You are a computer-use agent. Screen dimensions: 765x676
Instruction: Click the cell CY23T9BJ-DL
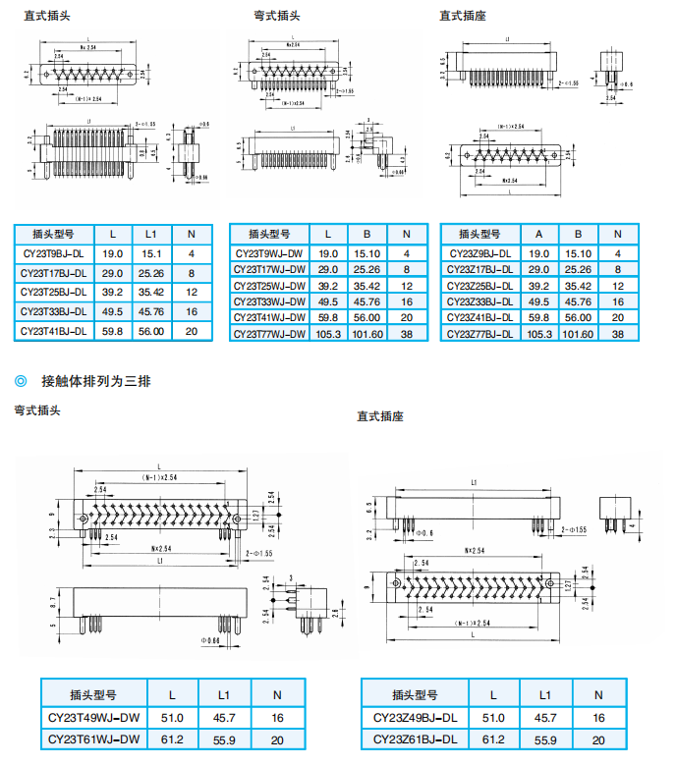[x=54, y=253]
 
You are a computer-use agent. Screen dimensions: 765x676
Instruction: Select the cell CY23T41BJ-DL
[x=54, y=332]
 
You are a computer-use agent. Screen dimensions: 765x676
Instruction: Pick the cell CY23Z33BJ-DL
[x=479, y=301]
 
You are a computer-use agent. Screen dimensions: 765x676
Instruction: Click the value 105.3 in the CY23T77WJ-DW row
[x=328, y=334]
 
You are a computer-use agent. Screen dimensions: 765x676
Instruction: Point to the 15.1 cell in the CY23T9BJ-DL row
[x=151, y=253]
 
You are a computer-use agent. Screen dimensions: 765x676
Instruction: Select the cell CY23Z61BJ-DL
[x=416, y=739]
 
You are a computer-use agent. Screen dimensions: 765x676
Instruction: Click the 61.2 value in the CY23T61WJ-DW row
[x=172, y=739]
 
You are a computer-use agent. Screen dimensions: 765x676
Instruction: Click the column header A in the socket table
[x=538, y=234]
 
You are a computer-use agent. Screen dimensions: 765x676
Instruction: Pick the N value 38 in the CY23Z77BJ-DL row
[x=618, y=334]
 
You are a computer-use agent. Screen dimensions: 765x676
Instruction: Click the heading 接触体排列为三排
[x=95, y=380]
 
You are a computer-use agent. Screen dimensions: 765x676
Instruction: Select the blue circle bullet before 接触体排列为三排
[x=21, y=380]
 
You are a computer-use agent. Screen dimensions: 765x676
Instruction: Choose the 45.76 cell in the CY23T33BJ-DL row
[x=151, y=312]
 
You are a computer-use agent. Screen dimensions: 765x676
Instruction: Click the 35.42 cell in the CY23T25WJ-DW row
[x=366, y=286]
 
